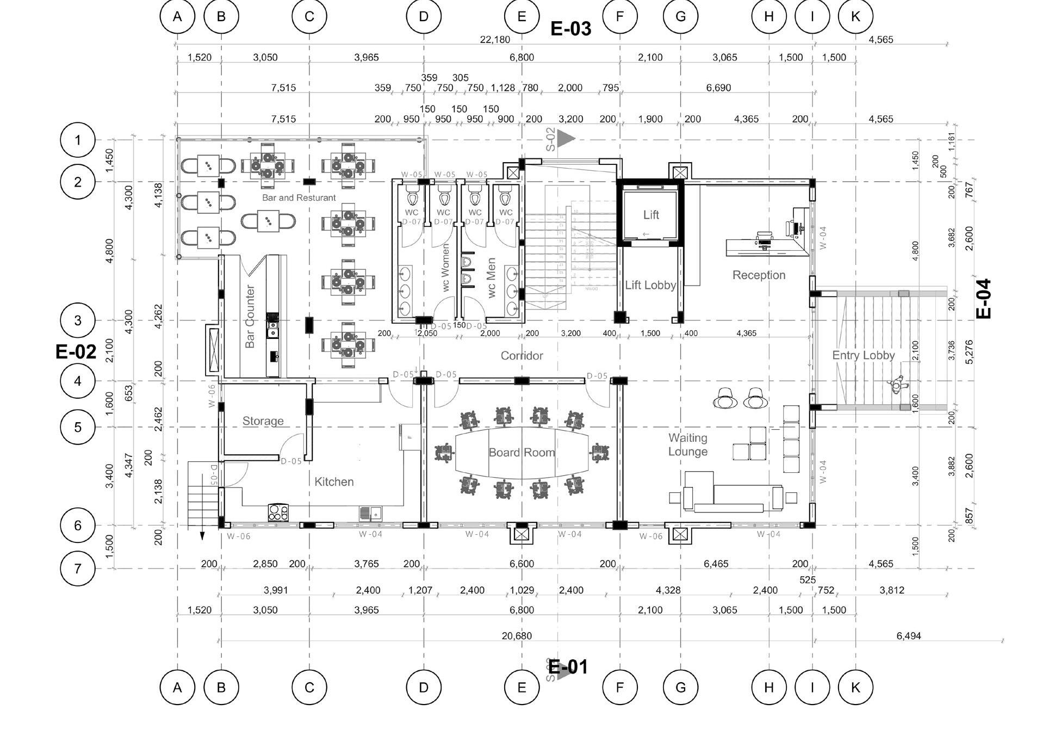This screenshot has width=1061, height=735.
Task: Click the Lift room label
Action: (x=651, y=215)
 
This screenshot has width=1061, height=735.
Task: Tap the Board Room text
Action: (x=522, y=453)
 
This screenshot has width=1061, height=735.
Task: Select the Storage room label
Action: (x=263, y=421)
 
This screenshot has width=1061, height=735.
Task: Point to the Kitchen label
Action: (x=334, y=481)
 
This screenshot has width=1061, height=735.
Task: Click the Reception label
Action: (x=759, y=275)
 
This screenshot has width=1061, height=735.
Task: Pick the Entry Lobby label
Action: (x=863, y=355)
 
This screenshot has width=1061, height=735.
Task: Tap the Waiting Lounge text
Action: (x=688, y=444)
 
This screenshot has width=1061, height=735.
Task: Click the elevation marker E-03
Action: (x=570, y=28)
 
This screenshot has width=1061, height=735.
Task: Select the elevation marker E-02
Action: (x=76, y=352)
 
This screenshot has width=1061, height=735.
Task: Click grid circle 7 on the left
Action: (x=78, y=569)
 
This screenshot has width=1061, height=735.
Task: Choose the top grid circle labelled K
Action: (x=855, y=16)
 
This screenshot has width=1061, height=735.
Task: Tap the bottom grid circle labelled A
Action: (x=177, y=688)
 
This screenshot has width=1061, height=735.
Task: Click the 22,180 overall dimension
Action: (x=495, y=40)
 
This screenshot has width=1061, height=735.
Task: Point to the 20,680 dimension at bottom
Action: (x=517, y=636)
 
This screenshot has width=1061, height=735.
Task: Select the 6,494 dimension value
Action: (x=908, y=636)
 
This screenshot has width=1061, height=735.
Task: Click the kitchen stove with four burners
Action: (x=278, y=512)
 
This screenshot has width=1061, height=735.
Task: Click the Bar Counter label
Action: (x=250, y=316)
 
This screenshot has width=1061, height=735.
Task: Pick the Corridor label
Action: (x=522, y=356)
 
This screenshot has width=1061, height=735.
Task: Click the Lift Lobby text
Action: (x=650, y=285)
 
